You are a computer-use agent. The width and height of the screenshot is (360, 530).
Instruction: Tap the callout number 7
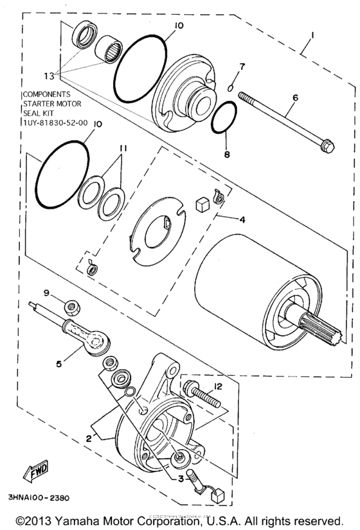click(x=242, y=67)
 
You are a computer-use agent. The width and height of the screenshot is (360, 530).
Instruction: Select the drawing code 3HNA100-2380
click(x=39, y=498)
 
